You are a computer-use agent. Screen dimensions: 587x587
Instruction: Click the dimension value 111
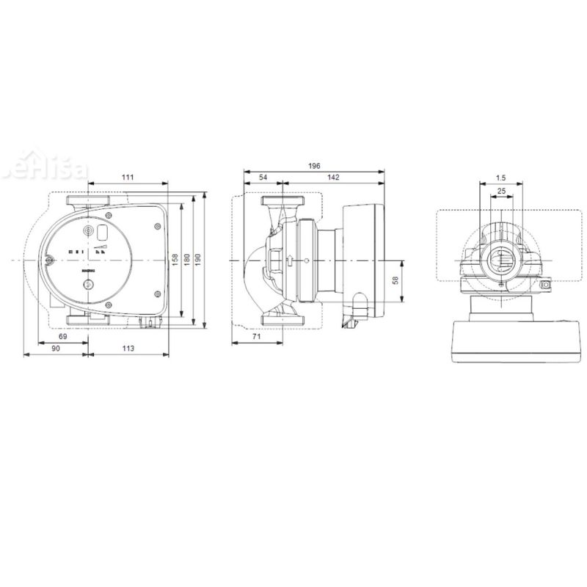click(x=128, y=178)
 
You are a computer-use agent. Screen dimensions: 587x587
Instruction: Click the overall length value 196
click(x=314, y=167)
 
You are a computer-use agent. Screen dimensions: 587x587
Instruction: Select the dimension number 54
click(x=263, y=178)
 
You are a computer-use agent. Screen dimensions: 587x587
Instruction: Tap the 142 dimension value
click(x=333, y=178)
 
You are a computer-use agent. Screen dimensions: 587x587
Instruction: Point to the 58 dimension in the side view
click(x=395, y=281)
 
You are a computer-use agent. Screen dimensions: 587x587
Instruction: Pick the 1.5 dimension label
click(x=500, y=178)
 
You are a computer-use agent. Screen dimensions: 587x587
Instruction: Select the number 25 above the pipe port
click(x=501, y=192)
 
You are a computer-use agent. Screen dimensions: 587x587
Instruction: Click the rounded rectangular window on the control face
click(x=102, y=233)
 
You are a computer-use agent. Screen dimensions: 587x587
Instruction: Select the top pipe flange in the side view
click(x=281, y=201)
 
